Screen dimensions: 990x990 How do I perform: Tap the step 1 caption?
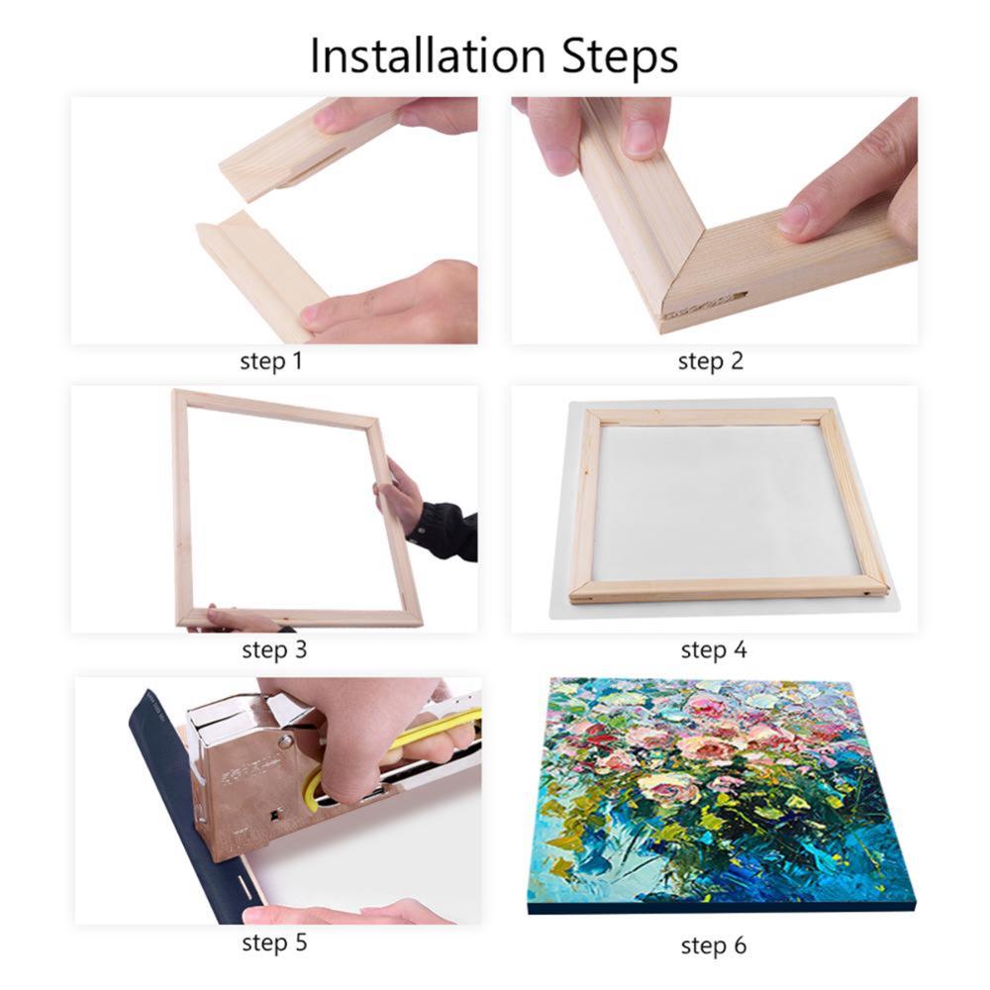(x=271, y=360)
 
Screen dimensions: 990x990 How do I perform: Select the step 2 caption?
(x=710, y=360)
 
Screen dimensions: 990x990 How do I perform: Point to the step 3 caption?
(x=274, y=650)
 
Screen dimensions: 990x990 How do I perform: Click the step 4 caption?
(x=713, y=650)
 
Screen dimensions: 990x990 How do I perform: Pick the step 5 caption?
(x=274, y=942)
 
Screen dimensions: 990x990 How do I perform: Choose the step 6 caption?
(x=713, y=945)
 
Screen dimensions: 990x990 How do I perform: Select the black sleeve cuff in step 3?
(x=442, y=530)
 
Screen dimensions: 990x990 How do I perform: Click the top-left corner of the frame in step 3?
(x=180, y=396)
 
